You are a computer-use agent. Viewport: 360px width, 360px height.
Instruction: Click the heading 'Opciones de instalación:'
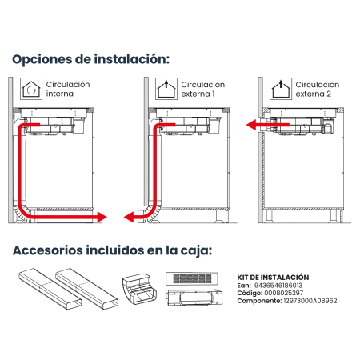91,59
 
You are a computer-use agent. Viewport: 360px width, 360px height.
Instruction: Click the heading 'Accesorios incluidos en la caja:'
112,250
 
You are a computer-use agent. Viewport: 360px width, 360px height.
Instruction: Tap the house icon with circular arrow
31,89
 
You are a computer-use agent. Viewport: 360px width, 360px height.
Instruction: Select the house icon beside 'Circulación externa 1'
166,89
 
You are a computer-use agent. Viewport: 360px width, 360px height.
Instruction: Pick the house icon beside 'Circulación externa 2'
281,89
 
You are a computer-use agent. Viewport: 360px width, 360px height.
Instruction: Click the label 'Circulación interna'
68,89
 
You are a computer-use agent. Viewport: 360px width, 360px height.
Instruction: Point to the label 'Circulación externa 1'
203,89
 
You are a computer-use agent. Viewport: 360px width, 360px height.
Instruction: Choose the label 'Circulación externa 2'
318,89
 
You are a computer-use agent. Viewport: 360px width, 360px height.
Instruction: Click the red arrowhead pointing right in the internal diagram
102,217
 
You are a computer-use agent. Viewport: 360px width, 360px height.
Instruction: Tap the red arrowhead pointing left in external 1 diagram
129,217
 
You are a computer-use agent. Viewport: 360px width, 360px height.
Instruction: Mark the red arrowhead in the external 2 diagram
251,125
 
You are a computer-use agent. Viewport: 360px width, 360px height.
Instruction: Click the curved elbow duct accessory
139,289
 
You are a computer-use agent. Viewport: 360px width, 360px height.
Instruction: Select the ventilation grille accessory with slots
192,278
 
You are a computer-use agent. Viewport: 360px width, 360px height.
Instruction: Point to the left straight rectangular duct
50,290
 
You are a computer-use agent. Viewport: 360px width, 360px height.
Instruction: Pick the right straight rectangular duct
86,290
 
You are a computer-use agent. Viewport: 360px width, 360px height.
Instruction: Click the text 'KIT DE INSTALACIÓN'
273,278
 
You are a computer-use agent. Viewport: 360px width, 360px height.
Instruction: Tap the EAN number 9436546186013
278,286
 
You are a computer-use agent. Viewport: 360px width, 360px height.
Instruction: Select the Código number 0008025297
284,293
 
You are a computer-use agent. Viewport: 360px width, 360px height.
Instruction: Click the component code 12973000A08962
310,301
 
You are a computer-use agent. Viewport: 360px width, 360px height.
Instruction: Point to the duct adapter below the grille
194,298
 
